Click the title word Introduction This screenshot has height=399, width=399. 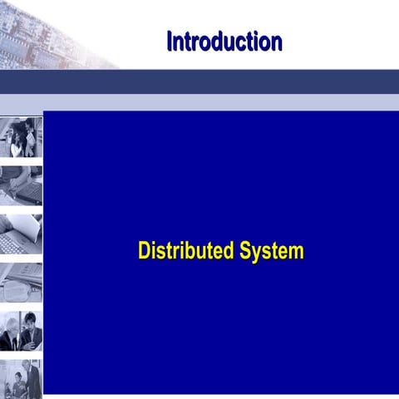[224, 41]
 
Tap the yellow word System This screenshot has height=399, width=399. [272, 251]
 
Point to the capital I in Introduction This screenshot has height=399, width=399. [170, 41]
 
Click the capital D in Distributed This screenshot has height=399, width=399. [144, 250]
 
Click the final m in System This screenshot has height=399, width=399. [297, 252]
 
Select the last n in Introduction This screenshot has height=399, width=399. [276, 42]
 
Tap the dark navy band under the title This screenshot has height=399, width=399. [199, 81]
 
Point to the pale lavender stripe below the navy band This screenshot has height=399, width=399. [199, 101]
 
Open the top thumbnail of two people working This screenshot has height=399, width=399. [21, 136]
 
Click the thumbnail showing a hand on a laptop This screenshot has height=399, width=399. [21, 185]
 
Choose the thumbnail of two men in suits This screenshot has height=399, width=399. [21, 330]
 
